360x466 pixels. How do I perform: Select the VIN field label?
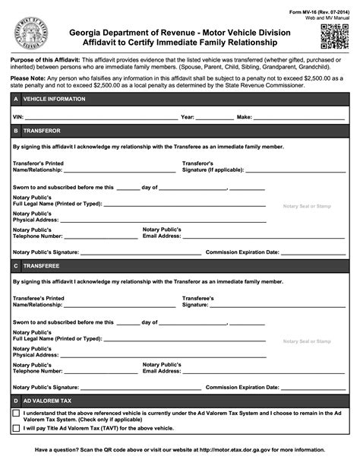click(x=18, y=118)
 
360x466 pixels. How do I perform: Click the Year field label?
click(x=188, y=118)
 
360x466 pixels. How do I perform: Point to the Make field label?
click(x=245, y=118)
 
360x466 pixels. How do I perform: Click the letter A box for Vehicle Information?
click(x=16, y=100)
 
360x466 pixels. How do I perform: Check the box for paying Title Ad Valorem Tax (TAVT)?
click(x=17, y=429)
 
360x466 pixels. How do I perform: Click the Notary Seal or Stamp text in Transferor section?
click(x=307, y=206)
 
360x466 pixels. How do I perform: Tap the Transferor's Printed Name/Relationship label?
click(x=38, y=166)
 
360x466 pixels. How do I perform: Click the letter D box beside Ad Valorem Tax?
click(x=16, y=400)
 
